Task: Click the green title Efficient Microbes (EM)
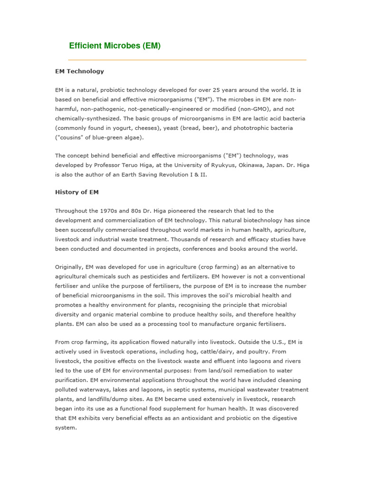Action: point(115,46)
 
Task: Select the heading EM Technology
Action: point(79,71)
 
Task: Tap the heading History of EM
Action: point(77,192)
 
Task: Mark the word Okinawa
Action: point(242,165)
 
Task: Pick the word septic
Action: point(181,390)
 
